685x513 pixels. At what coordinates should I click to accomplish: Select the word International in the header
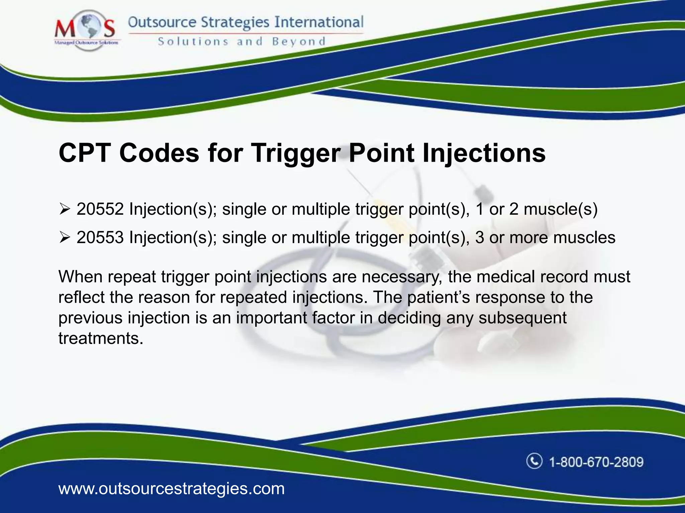pos(319,22)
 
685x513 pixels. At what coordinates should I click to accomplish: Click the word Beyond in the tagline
pos(298,42)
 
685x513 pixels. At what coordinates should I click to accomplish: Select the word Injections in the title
pos(484,153)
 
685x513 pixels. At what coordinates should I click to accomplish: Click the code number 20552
pos(100,209)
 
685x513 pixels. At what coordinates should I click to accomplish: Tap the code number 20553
pos(100,238)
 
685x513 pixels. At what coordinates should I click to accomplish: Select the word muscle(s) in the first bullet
pos(561,209)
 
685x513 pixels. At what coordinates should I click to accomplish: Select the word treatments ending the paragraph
pos(101,338)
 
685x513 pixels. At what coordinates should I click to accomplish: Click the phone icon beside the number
pos(534,461)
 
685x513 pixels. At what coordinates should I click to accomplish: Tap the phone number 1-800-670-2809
pos(596,462)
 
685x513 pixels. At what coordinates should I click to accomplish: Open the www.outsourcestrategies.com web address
pos(171,489)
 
